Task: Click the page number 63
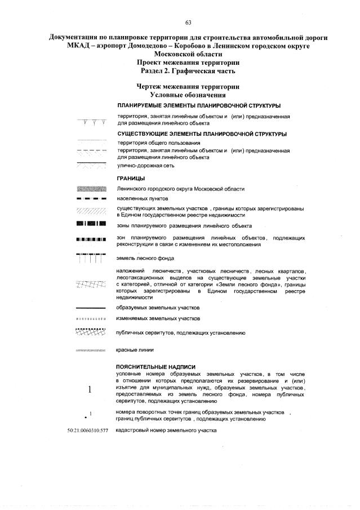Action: [188, 23]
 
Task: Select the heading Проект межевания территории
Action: [188, 63]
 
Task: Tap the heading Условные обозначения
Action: [188, 95]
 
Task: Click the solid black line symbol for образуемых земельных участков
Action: [90, 308]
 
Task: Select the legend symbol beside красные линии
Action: [90, 351]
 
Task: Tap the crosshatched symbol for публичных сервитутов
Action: [90, 332]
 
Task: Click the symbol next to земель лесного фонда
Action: [90, 259]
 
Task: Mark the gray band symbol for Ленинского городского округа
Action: [90, 189]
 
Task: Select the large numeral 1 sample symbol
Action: [90, 389]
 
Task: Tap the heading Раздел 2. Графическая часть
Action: [188, 72]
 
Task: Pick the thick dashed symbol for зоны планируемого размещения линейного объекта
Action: [90, 225]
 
